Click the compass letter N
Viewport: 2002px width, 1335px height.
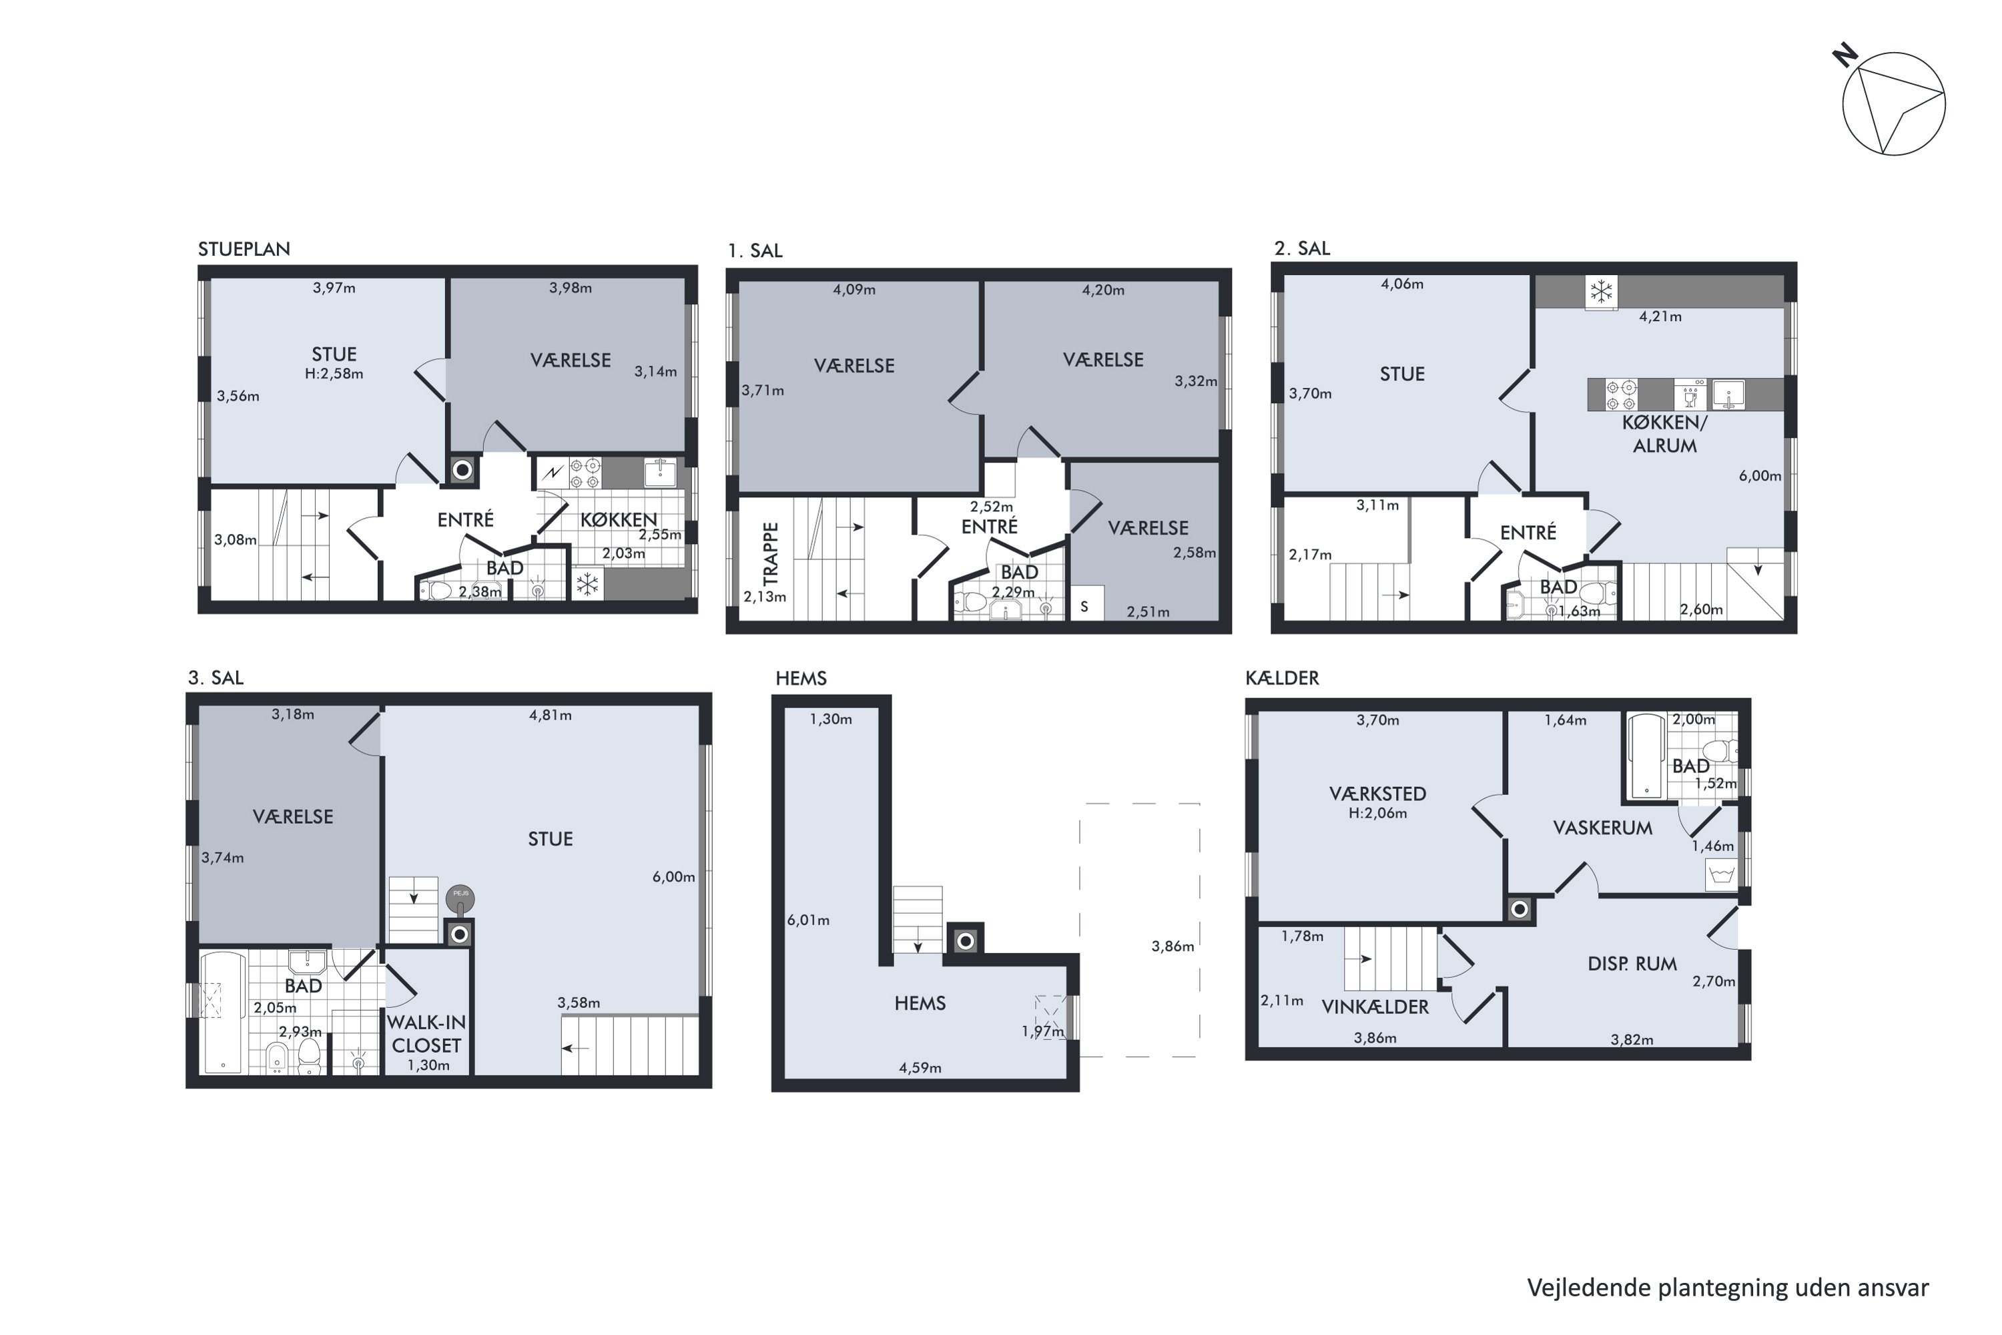pos(1844,57)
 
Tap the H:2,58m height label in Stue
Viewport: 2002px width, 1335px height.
pos(334,374)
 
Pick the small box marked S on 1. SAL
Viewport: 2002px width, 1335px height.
pos(1085,606)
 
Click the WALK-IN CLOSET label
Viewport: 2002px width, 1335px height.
pos(426,1033)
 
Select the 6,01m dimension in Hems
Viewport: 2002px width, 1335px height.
pos(807,920)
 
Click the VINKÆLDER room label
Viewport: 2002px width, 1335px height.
pos(1374,1007)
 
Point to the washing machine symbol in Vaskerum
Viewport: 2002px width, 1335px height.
pos(1721,875)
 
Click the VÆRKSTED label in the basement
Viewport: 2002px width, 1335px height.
pos(1377,794)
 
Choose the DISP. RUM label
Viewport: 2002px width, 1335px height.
pos(1632,965)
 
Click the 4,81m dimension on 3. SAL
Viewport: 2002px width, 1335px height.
pos(550,715)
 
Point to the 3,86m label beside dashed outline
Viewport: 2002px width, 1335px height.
pos(1172,946)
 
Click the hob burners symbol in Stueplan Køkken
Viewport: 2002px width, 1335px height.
pos(586,474)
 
